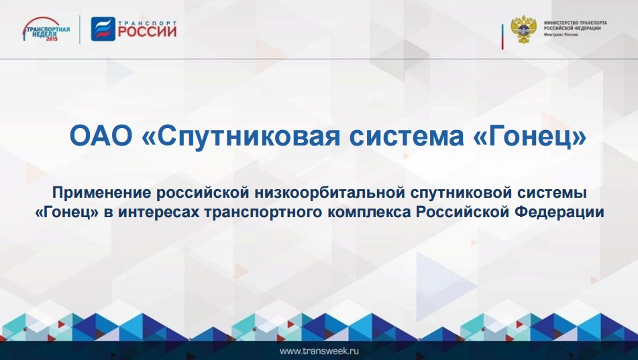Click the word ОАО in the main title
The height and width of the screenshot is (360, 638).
click(x=101, y=136)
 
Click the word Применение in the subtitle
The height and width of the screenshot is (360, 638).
click(x=102, y=193)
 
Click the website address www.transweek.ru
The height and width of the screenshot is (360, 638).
click(x=319, y=351)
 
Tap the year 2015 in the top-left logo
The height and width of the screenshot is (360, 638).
click(x=52, y=39)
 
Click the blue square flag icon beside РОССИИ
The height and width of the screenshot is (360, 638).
click(x=103, y=28)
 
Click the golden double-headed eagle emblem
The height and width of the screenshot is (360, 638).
click(x=524, y=29)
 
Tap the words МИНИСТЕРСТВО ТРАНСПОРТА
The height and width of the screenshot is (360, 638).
click(x=576, y=23)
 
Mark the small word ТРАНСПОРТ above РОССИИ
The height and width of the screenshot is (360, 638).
click(x=148, y=23)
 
